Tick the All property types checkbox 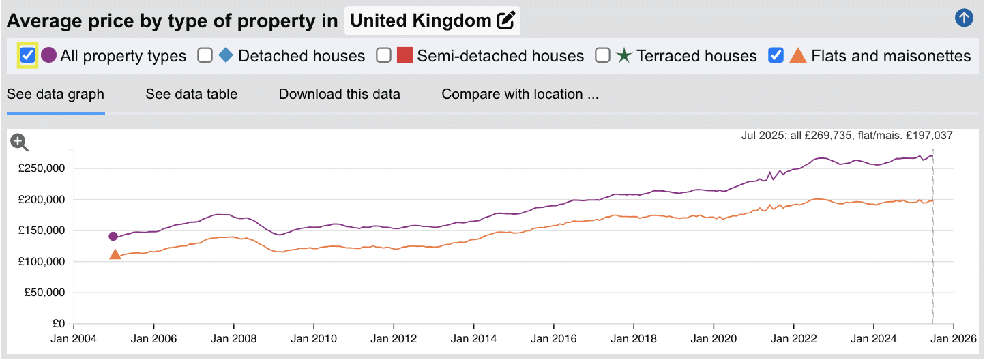(x=28, y=55)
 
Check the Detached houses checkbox (x=205, y=56)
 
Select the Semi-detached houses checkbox (x=384, y=56)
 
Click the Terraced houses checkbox (x=602, y=56)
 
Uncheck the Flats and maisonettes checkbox (x=776, y=56)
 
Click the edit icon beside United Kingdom (x=505, y=20)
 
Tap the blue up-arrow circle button (x=963, y=18)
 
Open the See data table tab (x=191, y=94)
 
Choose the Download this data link (x=339, y=94)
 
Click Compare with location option (x=520, y=94)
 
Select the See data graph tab (x=55, y=94)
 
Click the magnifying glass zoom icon (x=19, y=142)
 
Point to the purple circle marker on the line (x=113, y=237)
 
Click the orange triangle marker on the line (x=115, y=255)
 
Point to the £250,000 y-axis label (x=42, y=168)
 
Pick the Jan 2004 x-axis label (x=74, y=337)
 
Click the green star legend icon (x=623, y=56)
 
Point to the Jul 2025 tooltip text (x=847, y=136)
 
